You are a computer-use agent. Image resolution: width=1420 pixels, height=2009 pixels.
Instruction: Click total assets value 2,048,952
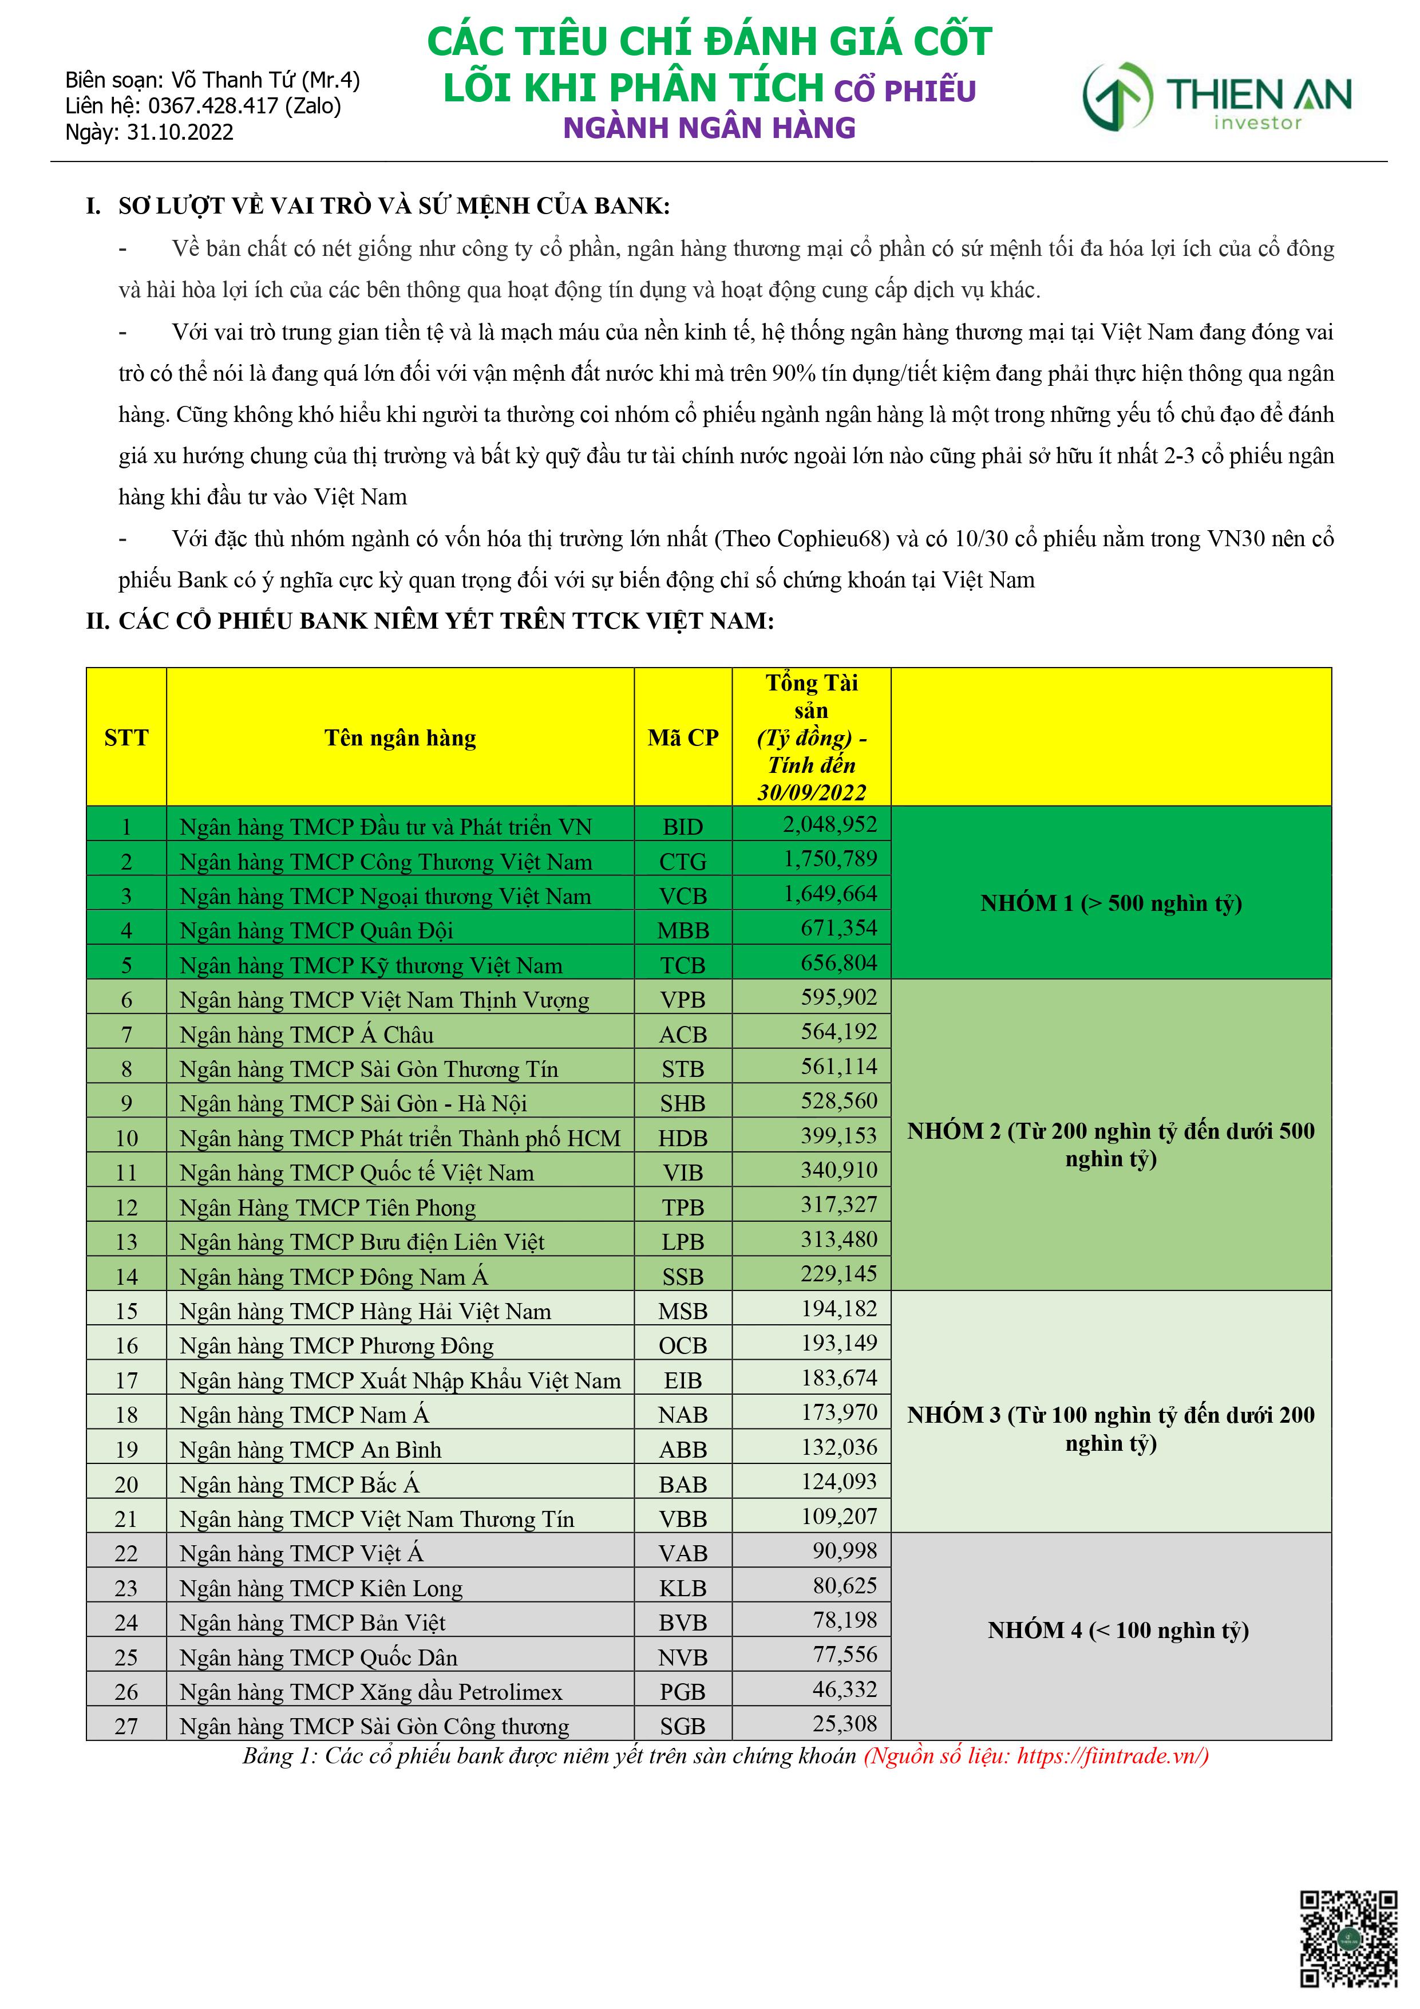pos(829,824)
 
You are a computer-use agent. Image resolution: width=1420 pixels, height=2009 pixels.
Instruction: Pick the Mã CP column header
pos(682,737)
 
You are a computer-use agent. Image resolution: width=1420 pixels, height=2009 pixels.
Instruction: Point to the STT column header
pos(126,737)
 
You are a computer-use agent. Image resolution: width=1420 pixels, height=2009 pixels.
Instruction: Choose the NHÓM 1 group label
pos(1110,903)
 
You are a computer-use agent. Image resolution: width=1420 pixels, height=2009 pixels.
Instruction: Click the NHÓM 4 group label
pos(1117,1629)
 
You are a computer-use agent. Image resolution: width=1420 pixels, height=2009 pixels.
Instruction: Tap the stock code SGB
pos(682,1726)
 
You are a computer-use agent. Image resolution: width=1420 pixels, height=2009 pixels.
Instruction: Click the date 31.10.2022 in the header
pos(180,132)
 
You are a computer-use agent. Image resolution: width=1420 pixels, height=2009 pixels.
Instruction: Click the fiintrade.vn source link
pos(1111,1755)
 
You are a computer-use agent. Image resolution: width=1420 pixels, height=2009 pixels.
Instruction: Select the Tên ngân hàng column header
pos(400,737)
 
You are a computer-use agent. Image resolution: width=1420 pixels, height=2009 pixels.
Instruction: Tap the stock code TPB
pos(682,1207)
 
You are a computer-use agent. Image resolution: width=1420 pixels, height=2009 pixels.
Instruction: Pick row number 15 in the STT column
pos(126,1311)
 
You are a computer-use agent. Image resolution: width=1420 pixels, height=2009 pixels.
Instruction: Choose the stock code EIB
pos(682,1380)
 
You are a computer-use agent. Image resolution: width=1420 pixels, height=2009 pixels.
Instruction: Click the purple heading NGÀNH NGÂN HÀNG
pos(709,128)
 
